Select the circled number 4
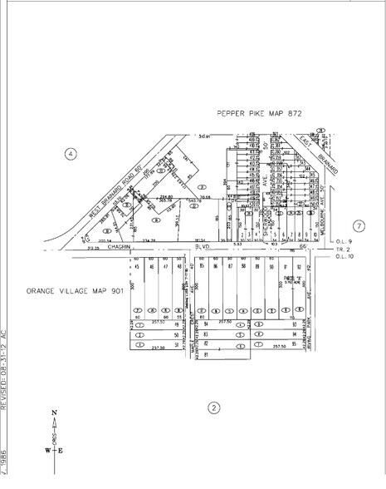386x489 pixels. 71,154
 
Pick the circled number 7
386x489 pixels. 359,225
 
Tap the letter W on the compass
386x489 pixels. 47,451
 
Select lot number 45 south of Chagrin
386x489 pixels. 135,266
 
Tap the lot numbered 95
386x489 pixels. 292,343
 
